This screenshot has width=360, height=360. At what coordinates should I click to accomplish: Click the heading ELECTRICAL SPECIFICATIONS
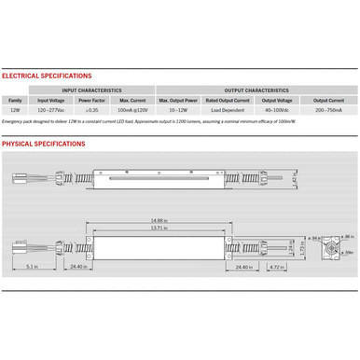[47, 76]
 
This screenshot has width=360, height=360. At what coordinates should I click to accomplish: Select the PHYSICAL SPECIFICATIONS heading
[44, 145]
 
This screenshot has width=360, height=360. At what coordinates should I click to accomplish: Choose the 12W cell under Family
[15, 110]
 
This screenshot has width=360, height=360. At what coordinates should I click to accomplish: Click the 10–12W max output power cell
[176, 110]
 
